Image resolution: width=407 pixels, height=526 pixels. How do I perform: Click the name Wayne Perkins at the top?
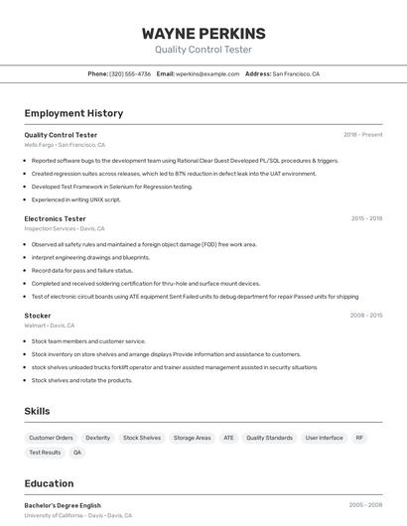(x=203, y=33)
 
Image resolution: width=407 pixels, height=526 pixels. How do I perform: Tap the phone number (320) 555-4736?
(x=130, y=73)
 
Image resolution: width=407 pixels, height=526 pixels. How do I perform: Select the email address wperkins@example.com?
(x=207, y=73)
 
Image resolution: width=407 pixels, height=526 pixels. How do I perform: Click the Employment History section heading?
(x=73, y=113)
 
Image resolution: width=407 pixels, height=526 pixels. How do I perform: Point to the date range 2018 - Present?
(x=362, y=134)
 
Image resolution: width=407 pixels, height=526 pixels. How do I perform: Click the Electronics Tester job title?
(x=55, y=218)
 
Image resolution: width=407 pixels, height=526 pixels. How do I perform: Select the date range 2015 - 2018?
(x=366, y=218)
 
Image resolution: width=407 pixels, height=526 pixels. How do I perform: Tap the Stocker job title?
(x=38, y=316)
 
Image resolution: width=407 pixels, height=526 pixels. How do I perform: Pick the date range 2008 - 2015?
(x=366, y=316)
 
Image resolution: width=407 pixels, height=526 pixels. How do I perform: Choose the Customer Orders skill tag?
(x=51, y=438)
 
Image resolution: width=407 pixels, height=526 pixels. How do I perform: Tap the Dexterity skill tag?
(x=98, y=438)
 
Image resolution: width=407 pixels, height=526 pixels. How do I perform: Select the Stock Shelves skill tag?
(x=142, y=438)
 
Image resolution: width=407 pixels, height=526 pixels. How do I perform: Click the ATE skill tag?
(x=228, y=438)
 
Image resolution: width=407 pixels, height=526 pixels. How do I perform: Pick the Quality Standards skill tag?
(x=269, y=438)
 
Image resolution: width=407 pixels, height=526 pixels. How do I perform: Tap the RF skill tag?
(x=359, y=438)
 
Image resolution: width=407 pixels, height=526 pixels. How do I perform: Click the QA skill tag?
(x=77, y=453)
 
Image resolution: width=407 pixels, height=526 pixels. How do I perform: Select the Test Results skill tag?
(x=45, y=453)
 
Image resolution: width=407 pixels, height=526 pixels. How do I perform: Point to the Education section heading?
(x=49, y=483)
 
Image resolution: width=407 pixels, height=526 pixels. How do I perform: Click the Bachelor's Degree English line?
(x=63, y=505)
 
